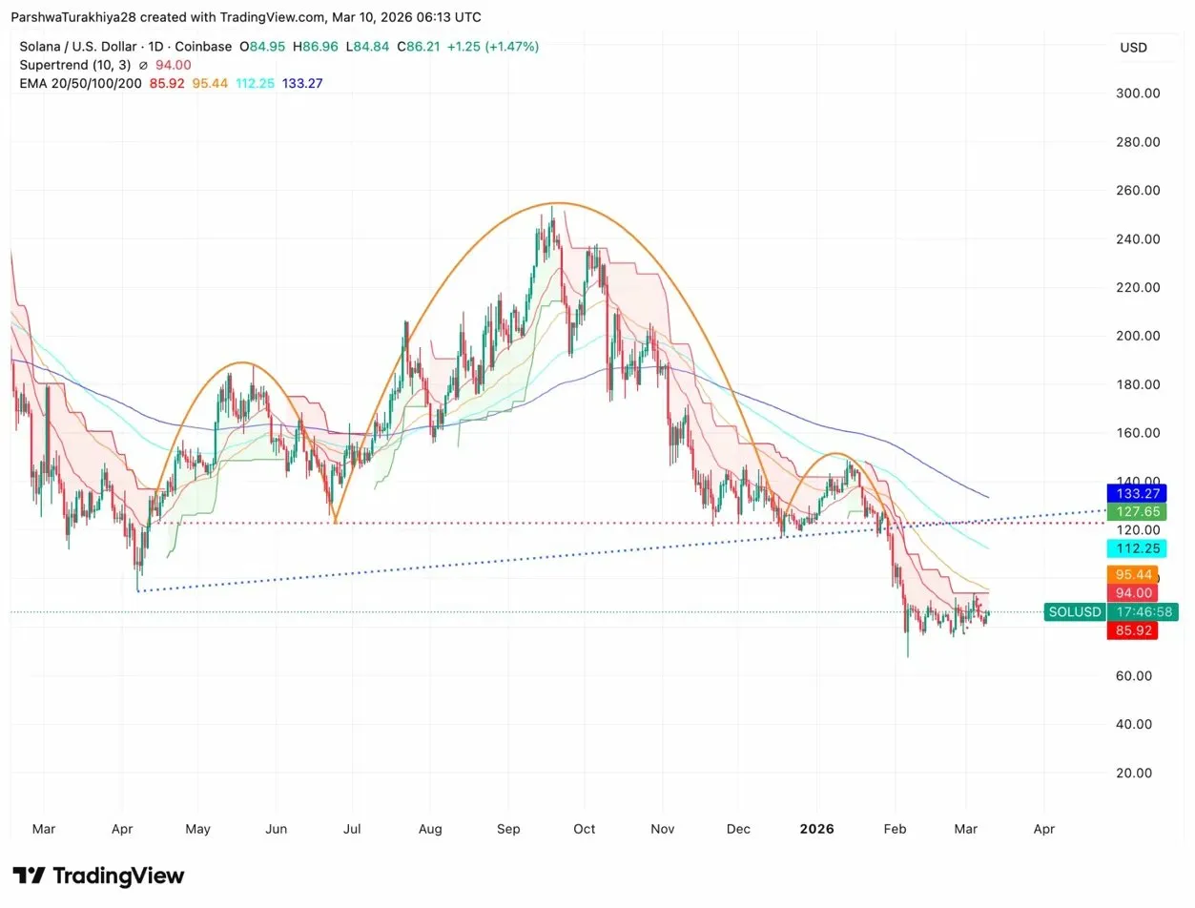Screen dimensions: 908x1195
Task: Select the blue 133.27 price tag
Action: tap(1131, 493)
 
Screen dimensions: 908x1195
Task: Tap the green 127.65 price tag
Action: tap(1131, 512)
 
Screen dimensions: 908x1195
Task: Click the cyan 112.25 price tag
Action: tap(1131, 548)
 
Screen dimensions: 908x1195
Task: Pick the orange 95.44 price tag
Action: tap(1131, 575)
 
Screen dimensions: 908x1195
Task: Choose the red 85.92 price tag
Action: tap(1131, 630)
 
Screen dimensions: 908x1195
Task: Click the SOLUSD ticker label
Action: tap(1074, 612)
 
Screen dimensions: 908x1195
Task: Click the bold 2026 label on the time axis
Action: tap(817, 829)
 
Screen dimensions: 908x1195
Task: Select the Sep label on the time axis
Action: tap(508, 829)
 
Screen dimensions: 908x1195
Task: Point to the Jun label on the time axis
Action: tap(276, 829)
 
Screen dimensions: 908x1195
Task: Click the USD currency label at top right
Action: tap(1133, 48)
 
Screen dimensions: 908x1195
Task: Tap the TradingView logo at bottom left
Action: tap(98, 876)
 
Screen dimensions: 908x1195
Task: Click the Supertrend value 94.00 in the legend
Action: tap(174, 65)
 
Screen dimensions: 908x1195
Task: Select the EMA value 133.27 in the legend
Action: tap(302, 83)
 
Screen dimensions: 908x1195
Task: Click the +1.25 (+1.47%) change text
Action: tap(491, 46)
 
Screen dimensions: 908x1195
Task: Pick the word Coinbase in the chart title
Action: tap(203, 46)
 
